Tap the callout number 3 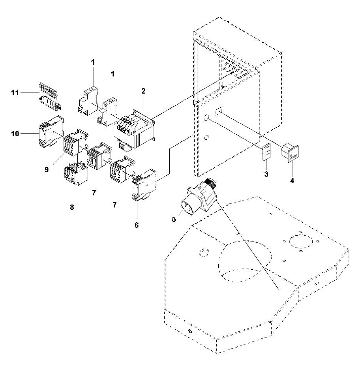[x=266, y=174]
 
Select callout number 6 [x=137, y=225]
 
